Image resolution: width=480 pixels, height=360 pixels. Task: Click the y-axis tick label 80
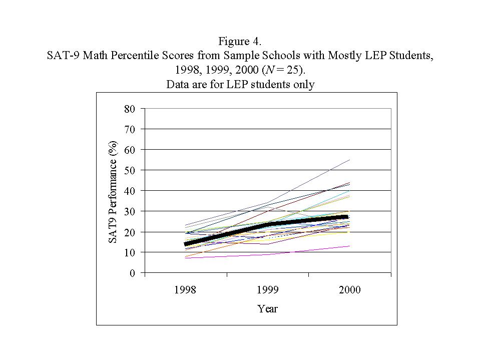point(129,109)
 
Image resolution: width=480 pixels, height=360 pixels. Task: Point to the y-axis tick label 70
point(129,129)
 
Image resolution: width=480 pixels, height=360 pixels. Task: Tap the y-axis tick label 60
point(129,150)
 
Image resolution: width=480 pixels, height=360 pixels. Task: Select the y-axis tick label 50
point(129,170)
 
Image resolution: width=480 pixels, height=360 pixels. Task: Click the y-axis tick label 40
point(129,191)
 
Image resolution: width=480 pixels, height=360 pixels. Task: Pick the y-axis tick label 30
point(129,211)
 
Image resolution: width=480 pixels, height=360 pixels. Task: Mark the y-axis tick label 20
point(129,232)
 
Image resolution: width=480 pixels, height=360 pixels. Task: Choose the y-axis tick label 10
point(129,252)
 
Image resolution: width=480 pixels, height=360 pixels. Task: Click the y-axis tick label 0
point(132,273)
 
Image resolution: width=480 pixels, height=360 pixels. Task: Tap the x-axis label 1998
point(185,290)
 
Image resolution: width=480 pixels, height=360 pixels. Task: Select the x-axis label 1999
point(267,290)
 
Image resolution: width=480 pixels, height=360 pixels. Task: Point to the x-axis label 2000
point(349,290)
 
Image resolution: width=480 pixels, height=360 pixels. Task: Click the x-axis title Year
point(267,308)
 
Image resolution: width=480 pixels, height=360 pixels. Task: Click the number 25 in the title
point(293,70)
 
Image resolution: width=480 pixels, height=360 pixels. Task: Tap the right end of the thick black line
point(348,217)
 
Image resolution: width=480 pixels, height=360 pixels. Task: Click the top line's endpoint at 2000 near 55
point(349,160)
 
